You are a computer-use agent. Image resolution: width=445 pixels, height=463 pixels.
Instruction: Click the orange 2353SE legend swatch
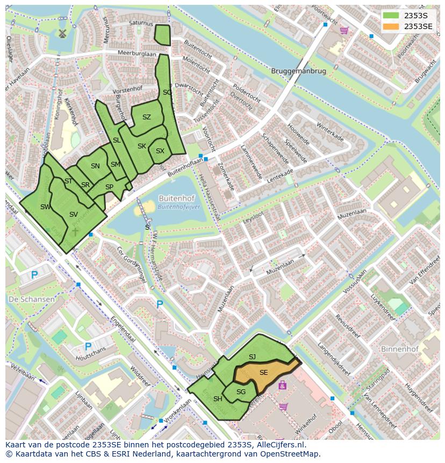391,26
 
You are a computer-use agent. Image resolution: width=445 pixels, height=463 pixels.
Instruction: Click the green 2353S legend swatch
391,15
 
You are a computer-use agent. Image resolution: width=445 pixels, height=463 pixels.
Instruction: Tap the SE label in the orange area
263,372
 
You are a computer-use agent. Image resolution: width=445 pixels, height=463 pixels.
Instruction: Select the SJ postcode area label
252,357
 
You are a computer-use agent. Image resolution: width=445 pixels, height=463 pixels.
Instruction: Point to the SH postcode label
218,398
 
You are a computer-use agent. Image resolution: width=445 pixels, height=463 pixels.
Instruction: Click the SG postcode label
241,391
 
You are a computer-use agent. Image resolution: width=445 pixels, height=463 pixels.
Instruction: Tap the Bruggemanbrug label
298,71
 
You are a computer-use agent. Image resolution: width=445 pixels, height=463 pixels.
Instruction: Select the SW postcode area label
46,206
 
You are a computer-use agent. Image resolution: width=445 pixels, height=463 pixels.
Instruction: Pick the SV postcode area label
74,214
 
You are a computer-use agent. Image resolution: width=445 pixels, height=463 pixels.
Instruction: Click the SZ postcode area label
147,117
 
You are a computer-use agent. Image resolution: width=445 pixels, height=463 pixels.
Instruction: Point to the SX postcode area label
160,151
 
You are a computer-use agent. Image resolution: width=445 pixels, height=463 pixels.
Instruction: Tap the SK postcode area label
142,146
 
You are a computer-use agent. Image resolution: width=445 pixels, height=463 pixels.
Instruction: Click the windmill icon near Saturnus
61,33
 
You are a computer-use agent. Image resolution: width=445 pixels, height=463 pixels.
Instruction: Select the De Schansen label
31,299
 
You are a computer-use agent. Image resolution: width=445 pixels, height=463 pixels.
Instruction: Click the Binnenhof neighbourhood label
399,349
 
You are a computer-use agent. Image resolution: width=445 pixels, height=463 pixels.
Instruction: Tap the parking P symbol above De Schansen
34,275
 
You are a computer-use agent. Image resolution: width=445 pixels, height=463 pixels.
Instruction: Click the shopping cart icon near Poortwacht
343,31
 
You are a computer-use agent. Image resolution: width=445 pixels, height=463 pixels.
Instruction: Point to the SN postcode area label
95,166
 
